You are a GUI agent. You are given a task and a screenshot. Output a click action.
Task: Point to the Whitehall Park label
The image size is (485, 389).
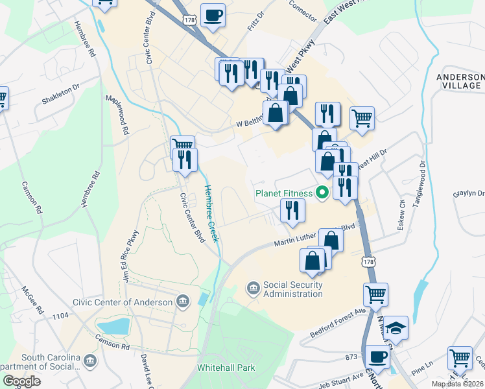pyautogui.click(x=226, y=368)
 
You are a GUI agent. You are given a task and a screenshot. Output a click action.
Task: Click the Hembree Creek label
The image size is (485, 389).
pyautogui.click(x=212, y=214)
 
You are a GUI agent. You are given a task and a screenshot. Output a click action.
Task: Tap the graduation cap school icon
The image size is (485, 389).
pyautogui.click(x=395, y=329)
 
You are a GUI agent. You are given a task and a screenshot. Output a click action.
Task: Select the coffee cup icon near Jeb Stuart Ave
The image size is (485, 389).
pyautogui.click(x=377, y=356)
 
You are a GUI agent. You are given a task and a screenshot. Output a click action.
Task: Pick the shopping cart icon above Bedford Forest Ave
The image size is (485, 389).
pyautogui.click(x=375, y=294)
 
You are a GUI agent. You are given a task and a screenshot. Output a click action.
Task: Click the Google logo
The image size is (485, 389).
pyautogui.click(x=21, y=381)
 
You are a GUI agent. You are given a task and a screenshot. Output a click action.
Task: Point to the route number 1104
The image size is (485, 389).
pyautogui.click(x=61, y=315)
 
